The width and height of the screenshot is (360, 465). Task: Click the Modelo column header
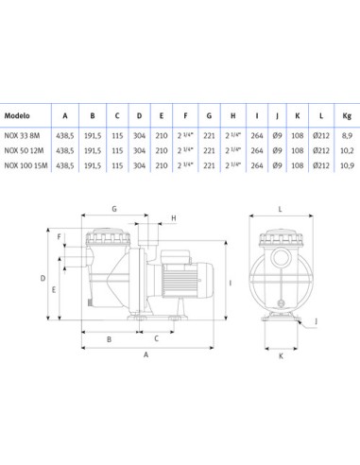[x=17, y=115]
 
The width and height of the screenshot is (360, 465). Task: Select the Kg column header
[x=347, y=116]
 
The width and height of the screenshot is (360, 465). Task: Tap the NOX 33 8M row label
[x=22, y=136]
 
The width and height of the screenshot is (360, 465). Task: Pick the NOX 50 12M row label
[x=24, y=150]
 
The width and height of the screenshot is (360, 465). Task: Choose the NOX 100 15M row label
[x=26, y=165]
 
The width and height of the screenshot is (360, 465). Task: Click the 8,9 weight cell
[x=347, y=136]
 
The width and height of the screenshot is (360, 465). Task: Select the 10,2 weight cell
[x=347, y=150]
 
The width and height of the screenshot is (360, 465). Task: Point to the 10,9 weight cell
[x=347, y=165]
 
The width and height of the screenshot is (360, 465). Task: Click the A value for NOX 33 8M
[x=65, y=136]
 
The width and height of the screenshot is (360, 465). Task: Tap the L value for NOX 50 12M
[x=321, y=150]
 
